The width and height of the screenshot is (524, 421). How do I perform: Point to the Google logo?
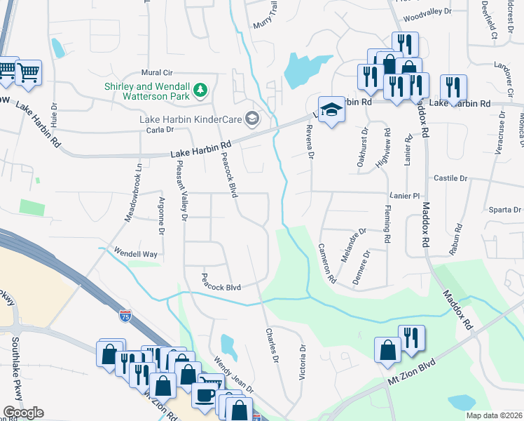(23, 413)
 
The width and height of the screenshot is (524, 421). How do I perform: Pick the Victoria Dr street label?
(303, 362)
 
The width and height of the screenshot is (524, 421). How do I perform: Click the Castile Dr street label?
(450, 179)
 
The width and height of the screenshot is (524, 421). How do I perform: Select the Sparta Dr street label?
(505, 209)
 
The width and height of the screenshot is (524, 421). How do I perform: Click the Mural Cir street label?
(157, 72)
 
